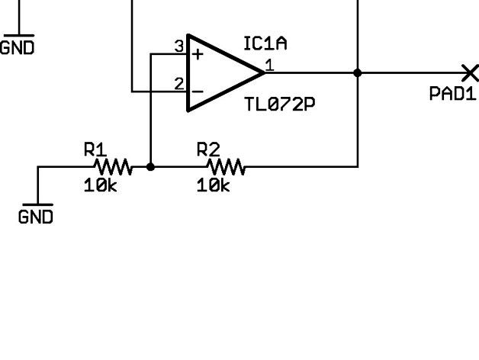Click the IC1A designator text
265,44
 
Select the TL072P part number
279,104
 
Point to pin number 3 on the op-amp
179,47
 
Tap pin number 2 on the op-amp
179,84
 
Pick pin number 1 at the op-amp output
268,65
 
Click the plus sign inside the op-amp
198,54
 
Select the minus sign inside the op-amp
198,92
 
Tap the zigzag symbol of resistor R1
112,166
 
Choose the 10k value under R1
101,185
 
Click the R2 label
208,149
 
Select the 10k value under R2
213,185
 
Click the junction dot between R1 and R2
150,166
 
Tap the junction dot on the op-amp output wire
358,72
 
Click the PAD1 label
452,95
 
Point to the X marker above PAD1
471,72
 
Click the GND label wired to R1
36,217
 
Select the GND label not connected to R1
17,47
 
